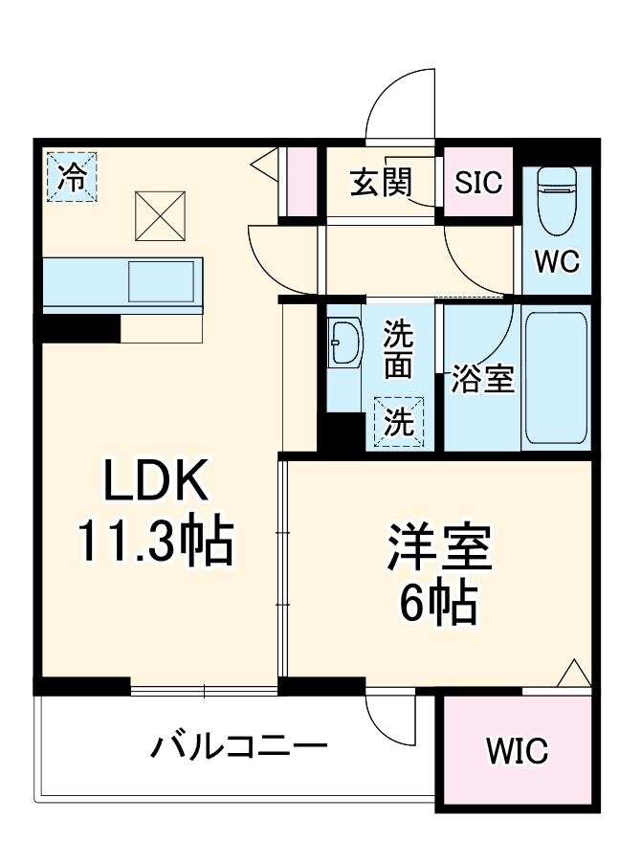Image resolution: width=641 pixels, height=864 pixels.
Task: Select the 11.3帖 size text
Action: [156, 543]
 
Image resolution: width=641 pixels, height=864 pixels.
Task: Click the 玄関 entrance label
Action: [380, 182]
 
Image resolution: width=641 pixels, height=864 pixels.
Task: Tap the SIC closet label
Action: [478, 182]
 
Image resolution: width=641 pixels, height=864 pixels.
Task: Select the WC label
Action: [557, 262]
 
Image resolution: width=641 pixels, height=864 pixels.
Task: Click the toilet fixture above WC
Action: [556, 201]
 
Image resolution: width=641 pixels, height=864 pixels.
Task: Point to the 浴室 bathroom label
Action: [483, 380]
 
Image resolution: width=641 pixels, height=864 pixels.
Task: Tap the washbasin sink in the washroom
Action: [343, 343]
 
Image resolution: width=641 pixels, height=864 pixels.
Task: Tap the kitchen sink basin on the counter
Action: [163, 280]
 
